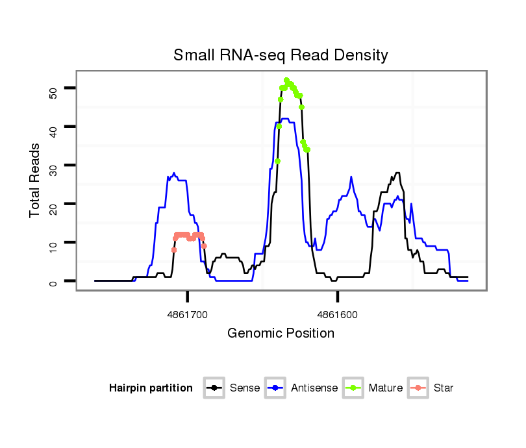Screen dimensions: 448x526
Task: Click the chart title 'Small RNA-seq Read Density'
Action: tap(281, 55)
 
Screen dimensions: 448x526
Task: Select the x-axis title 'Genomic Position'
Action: tap(281, 334)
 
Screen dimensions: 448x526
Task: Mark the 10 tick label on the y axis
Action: tap(53, 245)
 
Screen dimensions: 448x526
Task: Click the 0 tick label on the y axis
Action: tap(53, 282)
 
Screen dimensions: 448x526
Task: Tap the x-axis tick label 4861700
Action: tap(188, 314)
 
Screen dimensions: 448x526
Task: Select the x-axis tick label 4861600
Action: tap(338, 314)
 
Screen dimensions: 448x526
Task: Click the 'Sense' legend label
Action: tap(245, 388)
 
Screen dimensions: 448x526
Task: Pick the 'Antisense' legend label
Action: tap(314, 388)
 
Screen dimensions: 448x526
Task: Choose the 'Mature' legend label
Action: tap(385, 388)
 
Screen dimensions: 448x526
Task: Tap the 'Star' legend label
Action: tap(443, 388)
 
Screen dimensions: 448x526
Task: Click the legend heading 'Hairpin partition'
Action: tap(151, 388)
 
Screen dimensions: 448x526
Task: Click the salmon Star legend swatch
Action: tap(418, 388)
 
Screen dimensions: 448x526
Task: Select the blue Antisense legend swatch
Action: tap(277, 388)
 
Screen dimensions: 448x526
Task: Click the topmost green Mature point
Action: tap(286, 81)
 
